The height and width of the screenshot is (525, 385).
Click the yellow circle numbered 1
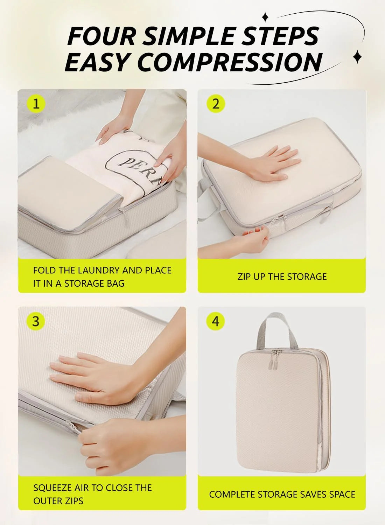36,104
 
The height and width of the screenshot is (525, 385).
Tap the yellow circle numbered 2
216,104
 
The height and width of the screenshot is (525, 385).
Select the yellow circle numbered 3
36,321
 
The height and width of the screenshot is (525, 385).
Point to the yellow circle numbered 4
216,321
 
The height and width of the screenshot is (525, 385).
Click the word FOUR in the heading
101,36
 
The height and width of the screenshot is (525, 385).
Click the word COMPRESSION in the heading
229,62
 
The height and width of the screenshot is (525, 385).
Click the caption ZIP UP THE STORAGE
282,276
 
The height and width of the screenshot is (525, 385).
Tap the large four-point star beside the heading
357,57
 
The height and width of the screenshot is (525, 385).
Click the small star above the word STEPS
265,17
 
